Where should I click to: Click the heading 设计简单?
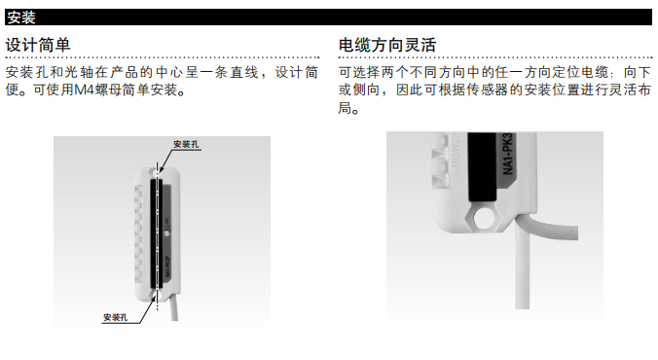[x=38, y=45]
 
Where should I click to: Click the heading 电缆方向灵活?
[x=386, y=45]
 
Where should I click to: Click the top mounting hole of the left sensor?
[x=159, y=168]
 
